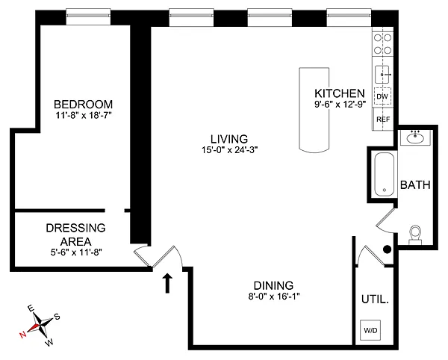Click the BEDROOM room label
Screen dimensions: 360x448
click(83, 103)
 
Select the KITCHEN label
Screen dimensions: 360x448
click(339, 93)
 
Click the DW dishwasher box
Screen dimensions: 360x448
click(382, 96)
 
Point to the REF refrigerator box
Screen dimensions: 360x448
click(382, 119)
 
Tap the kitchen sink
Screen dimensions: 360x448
click(382, 75)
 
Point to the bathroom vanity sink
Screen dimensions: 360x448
click(416, 138)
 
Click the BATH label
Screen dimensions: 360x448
click(415, 185)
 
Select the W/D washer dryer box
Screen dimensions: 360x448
click(370, 329)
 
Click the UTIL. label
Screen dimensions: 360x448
click(373, 299)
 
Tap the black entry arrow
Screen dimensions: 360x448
click(168, 282)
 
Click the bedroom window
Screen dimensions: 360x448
click(90, 12)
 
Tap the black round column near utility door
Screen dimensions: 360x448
click(387, 249)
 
